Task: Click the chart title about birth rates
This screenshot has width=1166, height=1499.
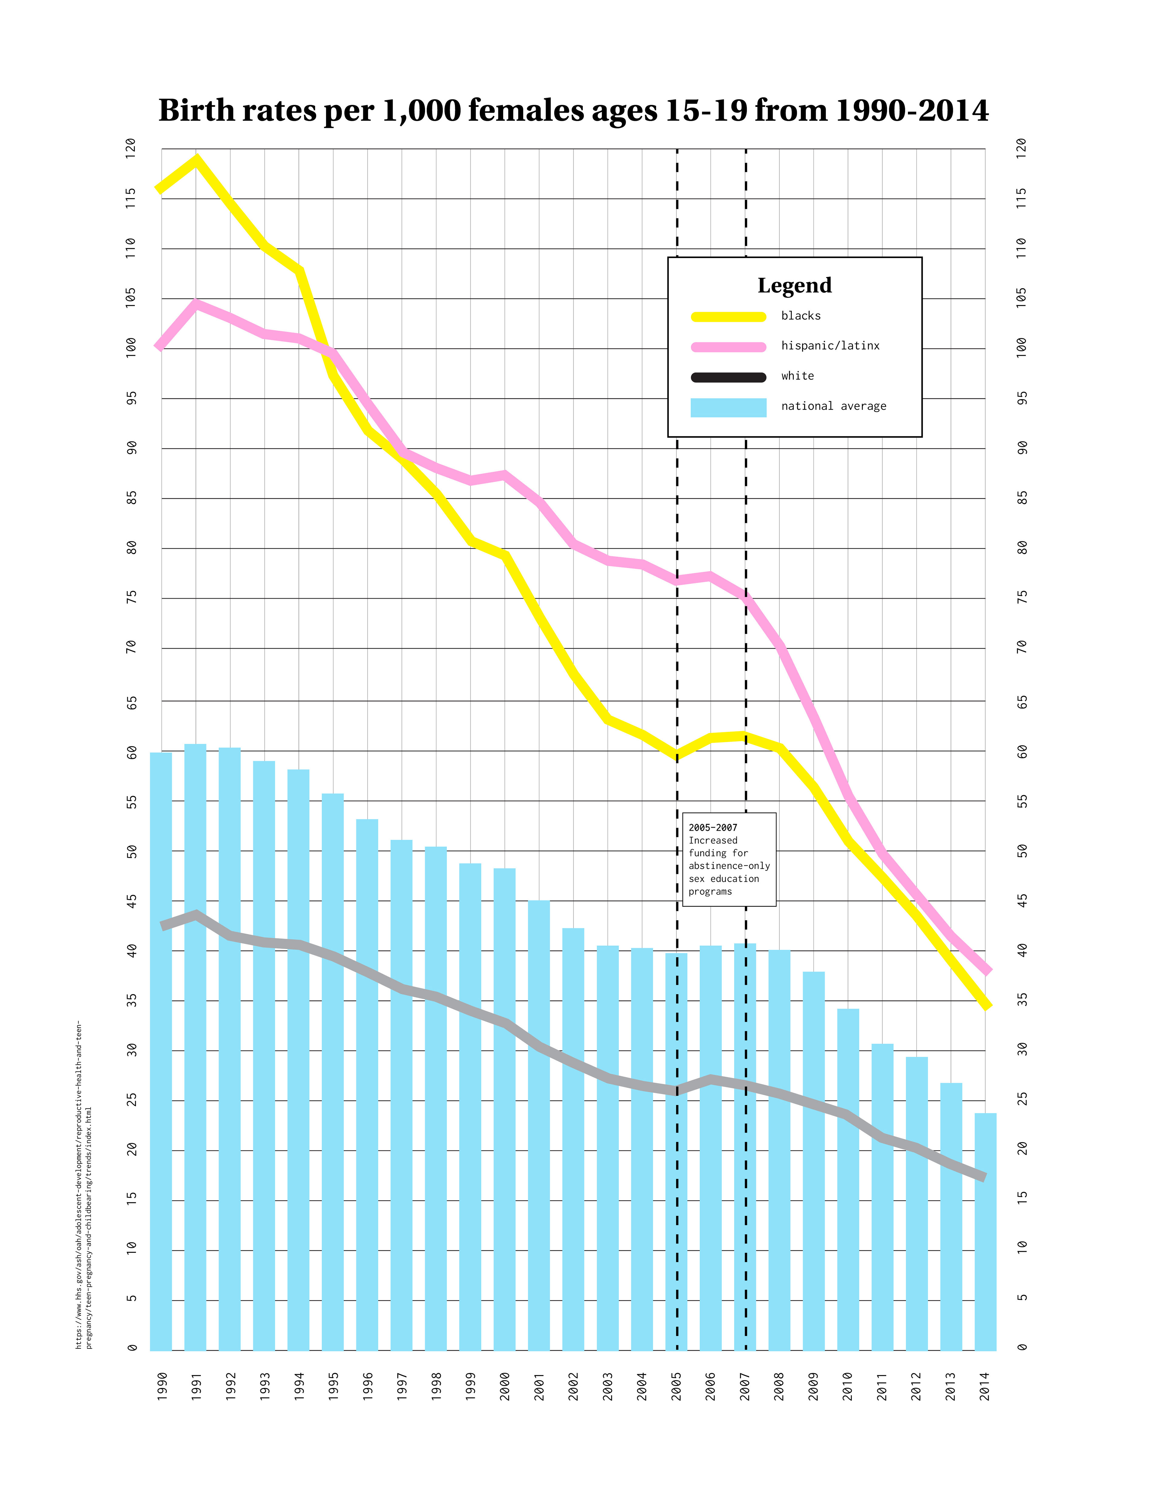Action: [x=573, y=111]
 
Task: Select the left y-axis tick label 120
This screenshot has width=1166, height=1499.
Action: [x=130, y=148]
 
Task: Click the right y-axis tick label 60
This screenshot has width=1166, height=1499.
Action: [x=1022, y=752]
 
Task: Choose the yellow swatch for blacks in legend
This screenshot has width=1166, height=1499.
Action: [x=728, y=316]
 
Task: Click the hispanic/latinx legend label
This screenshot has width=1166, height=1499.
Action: [x=830, y=346]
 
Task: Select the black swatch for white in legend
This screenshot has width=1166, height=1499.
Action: [x=728, y=377]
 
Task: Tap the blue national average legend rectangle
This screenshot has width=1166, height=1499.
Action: [x=728, y=407]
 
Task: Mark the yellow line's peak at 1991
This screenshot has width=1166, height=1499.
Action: [x=197, y=161]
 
